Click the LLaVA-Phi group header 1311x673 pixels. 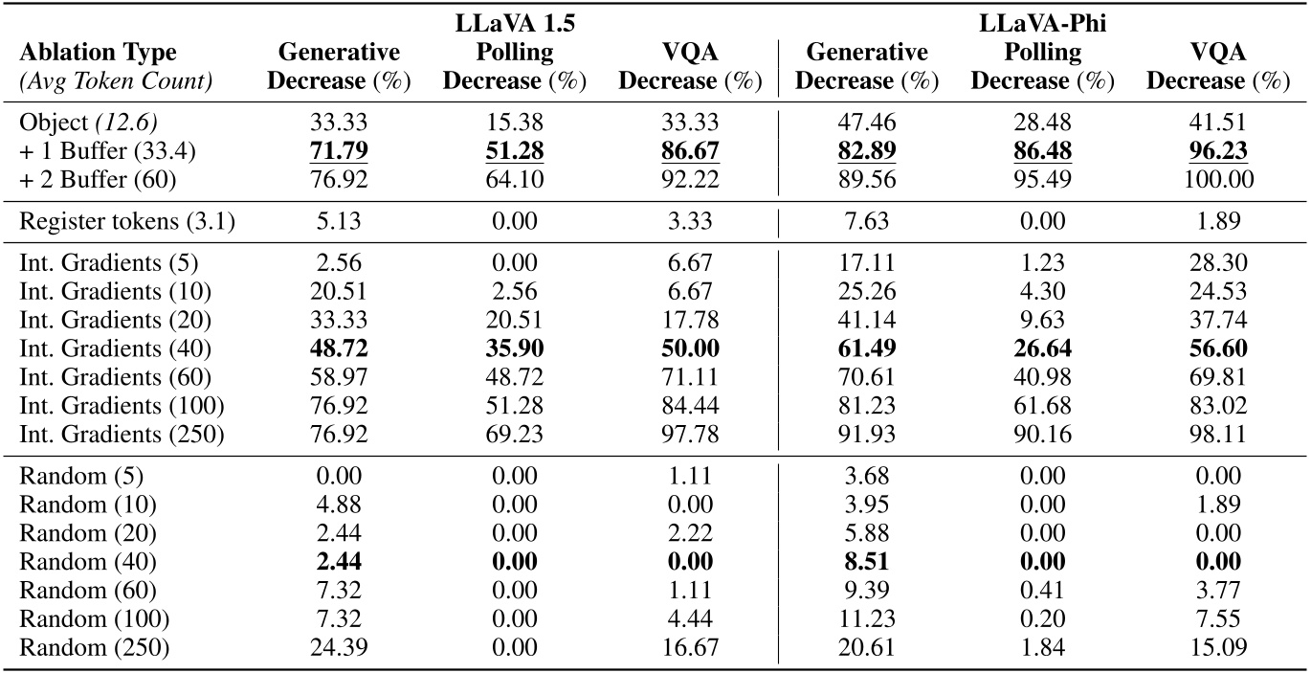(x=1042, y=24)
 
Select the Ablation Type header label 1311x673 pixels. (x=98, y=53)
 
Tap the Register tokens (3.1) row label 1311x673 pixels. (x=126, y=222)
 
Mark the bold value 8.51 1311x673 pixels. (x=865, y=562)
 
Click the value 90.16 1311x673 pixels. (x=1042, y=435)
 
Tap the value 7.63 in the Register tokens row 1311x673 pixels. (x=865, y=222)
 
